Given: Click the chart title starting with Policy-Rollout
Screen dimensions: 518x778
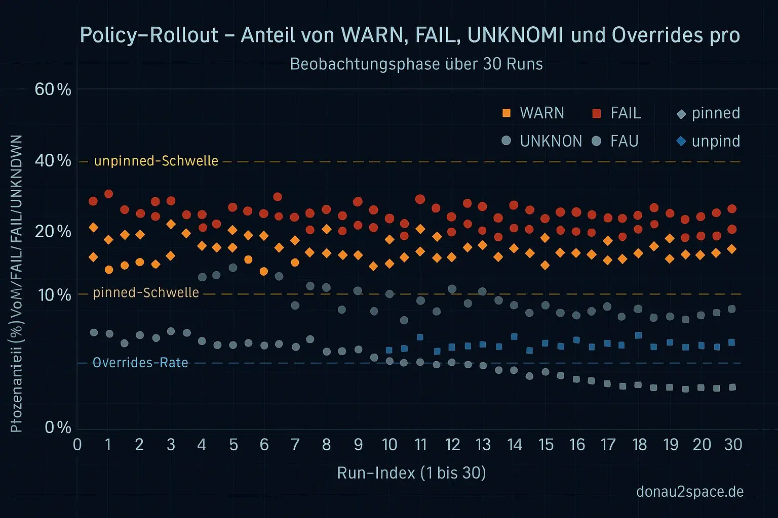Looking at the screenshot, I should [410, 35].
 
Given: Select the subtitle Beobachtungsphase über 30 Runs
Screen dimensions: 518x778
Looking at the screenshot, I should [416, 64].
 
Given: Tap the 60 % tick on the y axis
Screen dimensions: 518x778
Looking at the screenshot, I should [53, 90].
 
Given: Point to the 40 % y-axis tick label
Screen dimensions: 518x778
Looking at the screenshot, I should [53, 161].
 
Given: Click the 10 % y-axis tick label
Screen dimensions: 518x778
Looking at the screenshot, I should [54, 294].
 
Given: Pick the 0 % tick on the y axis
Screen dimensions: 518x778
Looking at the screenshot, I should [58, 427].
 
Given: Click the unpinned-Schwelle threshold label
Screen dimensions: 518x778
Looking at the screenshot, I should [156, 161].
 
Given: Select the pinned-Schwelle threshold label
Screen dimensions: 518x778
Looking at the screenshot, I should [146, 292].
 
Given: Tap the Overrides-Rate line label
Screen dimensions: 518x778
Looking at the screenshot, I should [140, 363].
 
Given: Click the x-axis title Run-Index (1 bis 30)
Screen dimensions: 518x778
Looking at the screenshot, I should [411, 473].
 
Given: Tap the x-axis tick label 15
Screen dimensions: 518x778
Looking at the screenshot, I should [546, 445].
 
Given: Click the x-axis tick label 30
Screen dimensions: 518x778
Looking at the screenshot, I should [733, 445].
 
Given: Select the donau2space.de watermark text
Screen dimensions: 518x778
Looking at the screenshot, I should [690, 491].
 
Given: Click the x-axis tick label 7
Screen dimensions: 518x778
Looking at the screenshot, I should [295, 445].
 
